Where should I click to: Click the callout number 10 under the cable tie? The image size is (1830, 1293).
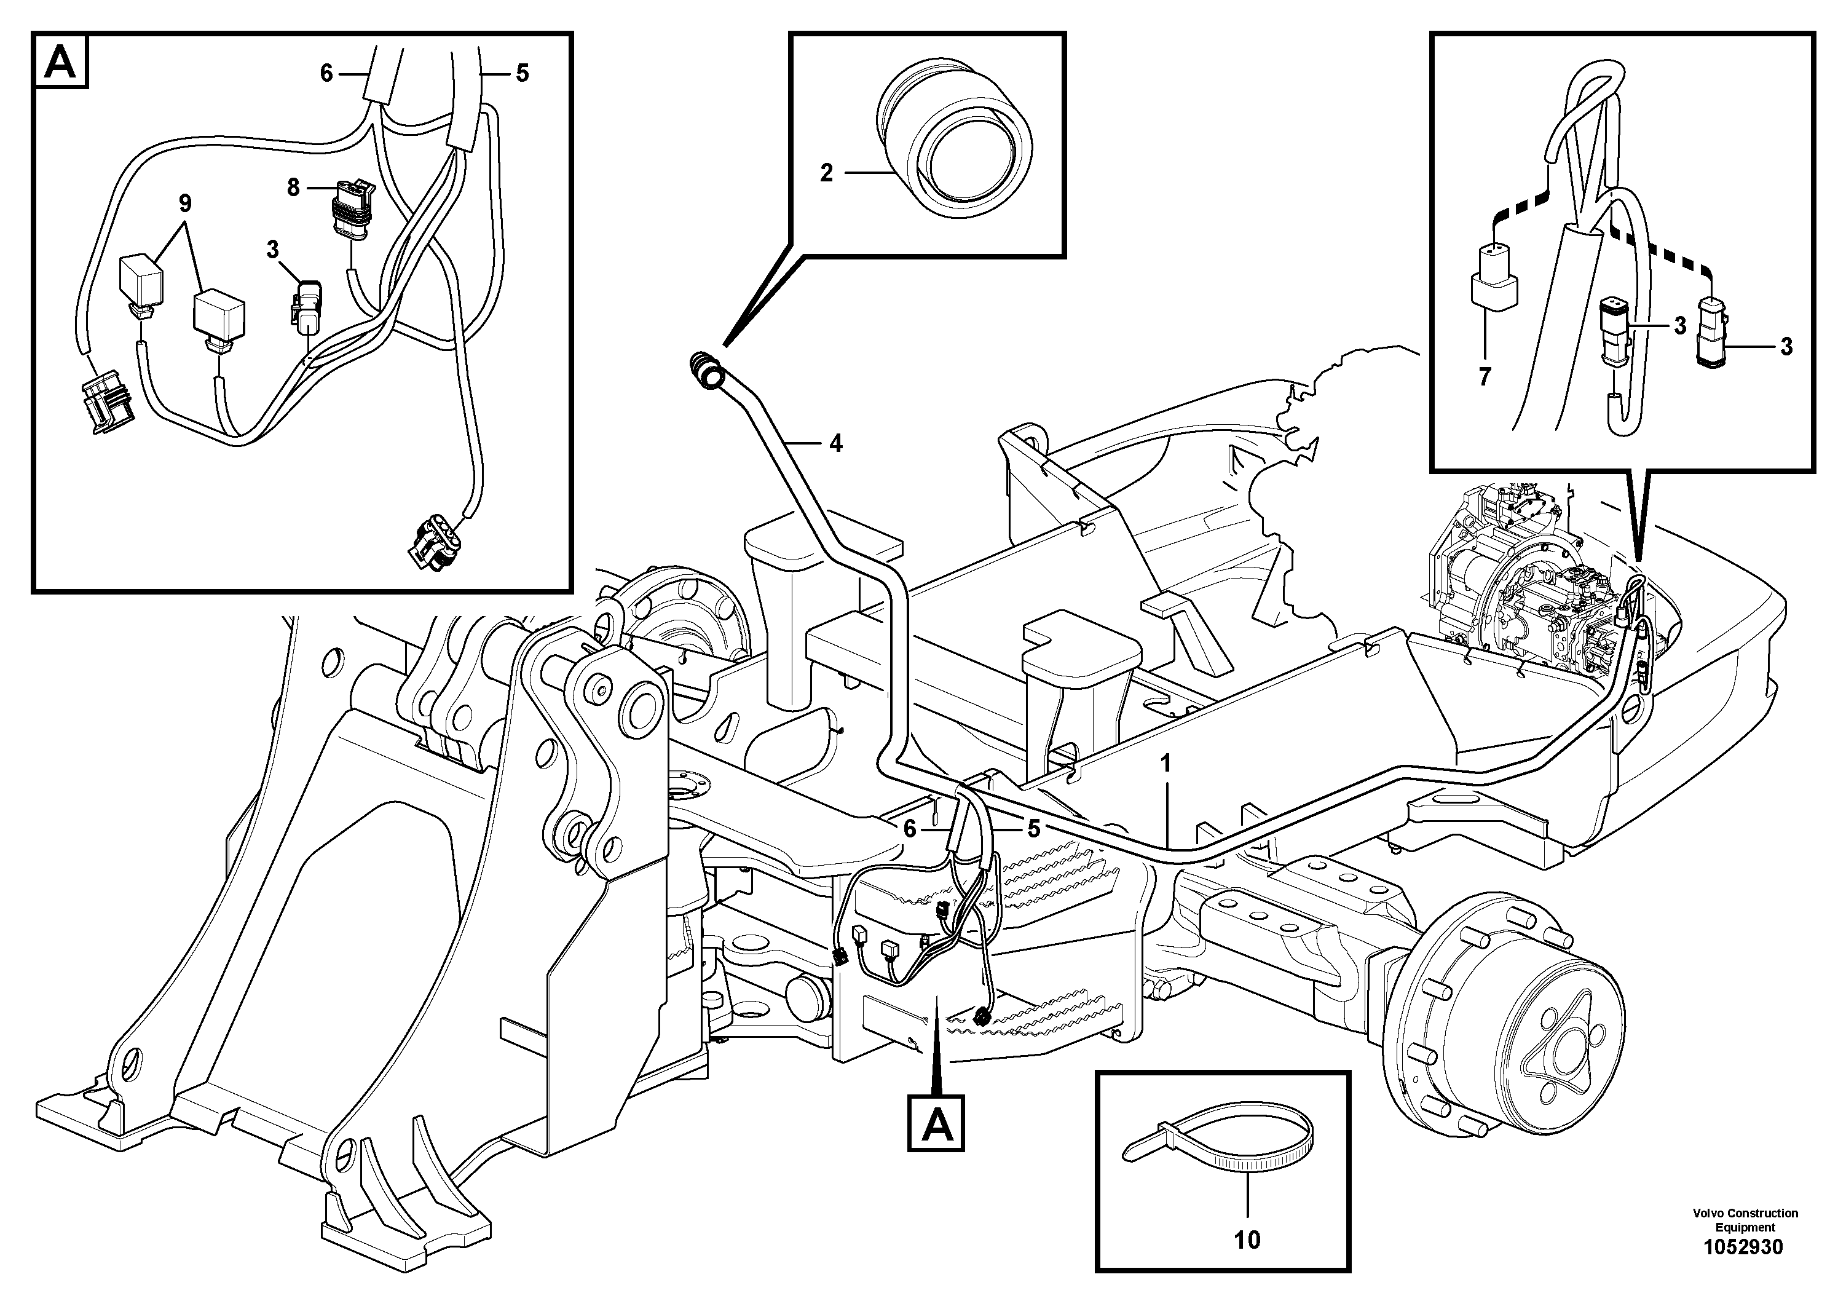tap(1247, 1240)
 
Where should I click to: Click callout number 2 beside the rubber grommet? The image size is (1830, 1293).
tap(827, 172)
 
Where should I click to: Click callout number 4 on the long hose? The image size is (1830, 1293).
tap(835, 444)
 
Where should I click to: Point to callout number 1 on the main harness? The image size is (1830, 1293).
tap(1165, 764)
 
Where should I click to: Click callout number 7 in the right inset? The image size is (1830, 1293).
tap(1484, 377)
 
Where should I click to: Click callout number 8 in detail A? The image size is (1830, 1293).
tap(293, 188)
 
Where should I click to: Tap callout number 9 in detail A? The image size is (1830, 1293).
tap(185, 204)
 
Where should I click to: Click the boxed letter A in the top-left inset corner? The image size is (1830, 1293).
tap(61, 61)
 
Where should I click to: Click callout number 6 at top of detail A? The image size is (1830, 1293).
tap(326, 73)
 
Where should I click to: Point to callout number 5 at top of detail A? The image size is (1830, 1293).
tap(521, 73)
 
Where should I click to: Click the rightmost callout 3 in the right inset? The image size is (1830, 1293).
tap(1785, 347)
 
